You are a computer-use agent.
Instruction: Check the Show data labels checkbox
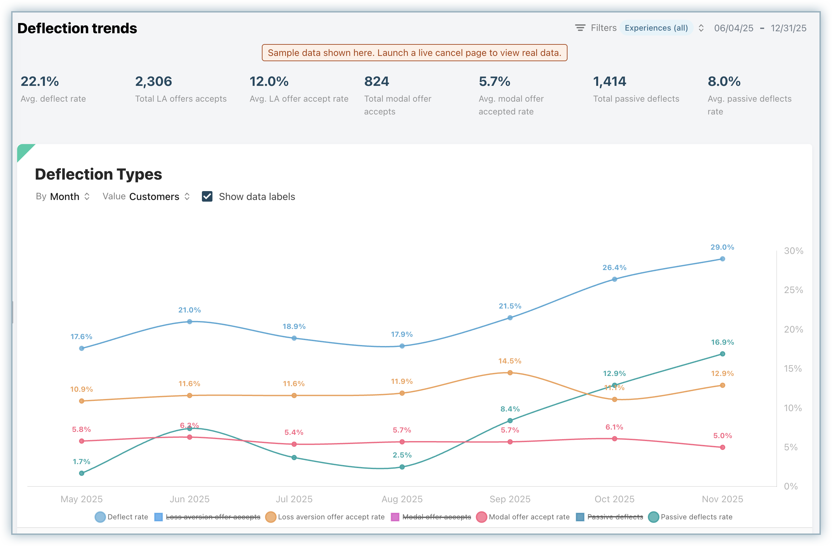[x=207, y=197]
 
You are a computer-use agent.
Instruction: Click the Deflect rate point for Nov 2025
[x=722, y=259]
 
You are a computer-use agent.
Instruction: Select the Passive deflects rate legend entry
[x=690, y=517]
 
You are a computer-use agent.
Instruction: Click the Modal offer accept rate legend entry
[x=523, y=517]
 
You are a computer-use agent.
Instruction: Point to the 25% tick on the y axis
[x=793, y=290]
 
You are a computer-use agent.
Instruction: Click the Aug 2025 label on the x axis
[x=402, y=499]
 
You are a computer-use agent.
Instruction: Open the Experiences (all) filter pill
[x=656, y=28]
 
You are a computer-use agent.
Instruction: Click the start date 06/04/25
[x=734, y=28]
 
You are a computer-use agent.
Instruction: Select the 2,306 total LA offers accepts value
[x=153, y=81]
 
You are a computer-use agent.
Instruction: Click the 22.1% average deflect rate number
[x=40, y=81]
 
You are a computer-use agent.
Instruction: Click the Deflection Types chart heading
[x=98, y=174]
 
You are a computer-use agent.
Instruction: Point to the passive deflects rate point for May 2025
[x=81, y=473]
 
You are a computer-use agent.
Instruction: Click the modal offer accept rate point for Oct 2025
[x=615, y=438]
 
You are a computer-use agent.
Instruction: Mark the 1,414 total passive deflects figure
[x=609, y=81]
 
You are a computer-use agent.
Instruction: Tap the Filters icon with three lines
[x=580, y=28]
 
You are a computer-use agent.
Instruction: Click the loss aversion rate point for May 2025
[x=81, y=401]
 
